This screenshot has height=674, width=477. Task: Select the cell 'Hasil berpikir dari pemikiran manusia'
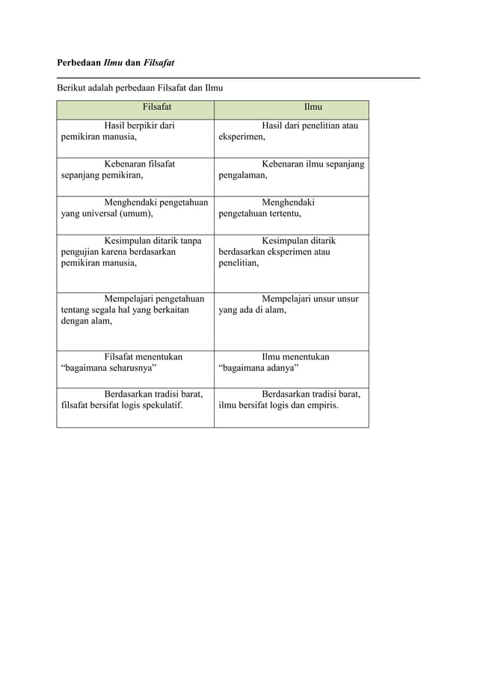[135, 132]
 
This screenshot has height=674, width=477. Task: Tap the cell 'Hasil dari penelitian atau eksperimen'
[292, 132]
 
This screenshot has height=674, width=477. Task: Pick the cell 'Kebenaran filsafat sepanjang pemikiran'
[135, 170]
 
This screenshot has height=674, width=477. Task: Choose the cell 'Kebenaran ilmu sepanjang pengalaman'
[292, 170]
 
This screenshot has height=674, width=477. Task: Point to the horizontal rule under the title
[238, 77]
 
